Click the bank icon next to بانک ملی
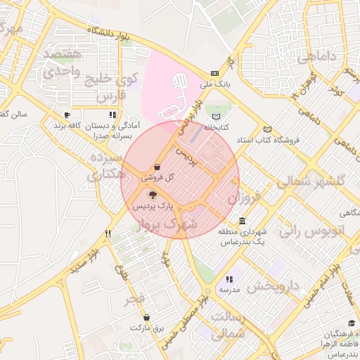pos(214,73)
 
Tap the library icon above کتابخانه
pos(216,117)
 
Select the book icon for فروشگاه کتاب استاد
pos(267,129)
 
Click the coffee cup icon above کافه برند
pos(67,115)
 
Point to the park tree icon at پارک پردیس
pos(153,195)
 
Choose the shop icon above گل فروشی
pos(156,167)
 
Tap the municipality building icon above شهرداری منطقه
pos(242,221)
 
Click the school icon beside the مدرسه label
pos(229,279)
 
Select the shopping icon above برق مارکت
pos(146,318)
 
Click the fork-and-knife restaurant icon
pos(108,233)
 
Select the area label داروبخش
pos(274,287)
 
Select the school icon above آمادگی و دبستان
pos(112,115)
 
